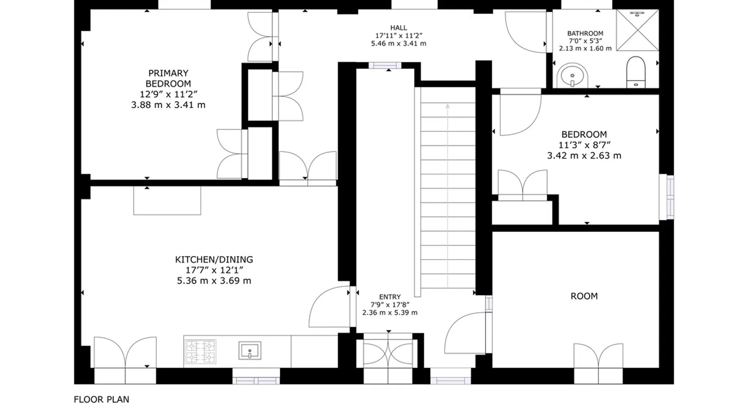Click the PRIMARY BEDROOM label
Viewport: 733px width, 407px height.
click(x=168, y=79)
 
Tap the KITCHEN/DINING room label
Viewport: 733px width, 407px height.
click(x=214, y=260)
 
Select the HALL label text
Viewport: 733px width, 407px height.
click(x=399, y=28)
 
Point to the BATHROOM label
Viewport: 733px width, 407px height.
click(x=585, y=33)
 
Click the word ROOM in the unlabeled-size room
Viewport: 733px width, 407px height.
click(x=584, y=296)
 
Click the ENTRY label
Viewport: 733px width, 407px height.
click(x=390, y=297)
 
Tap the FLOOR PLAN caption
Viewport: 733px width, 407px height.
click(x=101, y=399)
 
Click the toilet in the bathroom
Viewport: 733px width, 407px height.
click(x=636, y=72)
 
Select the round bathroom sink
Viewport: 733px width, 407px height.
click(x=573, y=76)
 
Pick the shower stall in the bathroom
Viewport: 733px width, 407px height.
click(x=637, y=31)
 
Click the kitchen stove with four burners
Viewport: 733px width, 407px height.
click(x=200, y=352)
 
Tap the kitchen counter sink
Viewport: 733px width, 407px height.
click(x=250, y=351)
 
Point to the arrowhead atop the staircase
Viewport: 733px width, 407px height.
click(x=448, y=106)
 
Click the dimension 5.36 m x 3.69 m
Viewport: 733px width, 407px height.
click(x=214, y=281)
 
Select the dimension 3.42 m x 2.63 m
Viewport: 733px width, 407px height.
click(x=584, y=155)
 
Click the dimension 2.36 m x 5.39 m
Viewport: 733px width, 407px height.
click(x=390, y=313)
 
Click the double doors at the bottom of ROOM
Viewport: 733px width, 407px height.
click(x=598, y=356)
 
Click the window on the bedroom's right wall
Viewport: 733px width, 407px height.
click(x=667, y=197)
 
